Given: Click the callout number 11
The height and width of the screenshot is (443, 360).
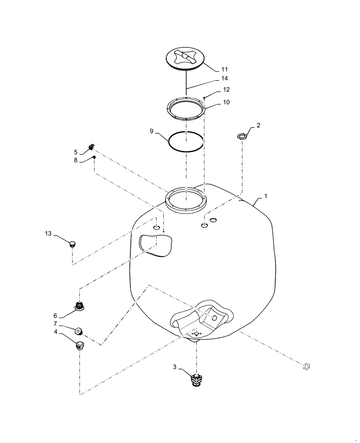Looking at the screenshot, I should (x=224, y=70).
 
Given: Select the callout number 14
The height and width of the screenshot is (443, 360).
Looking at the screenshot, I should (x=224, y=79).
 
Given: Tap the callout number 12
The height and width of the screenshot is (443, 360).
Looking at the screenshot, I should (x=226, y=89).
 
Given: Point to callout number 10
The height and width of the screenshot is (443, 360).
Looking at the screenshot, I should (x=226, y=102).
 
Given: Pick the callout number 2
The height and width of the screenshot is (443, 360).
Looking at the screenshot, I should (x=258, y=125).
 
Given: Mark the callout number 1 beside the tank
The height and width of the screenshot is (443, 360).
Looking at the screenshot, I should (x=266, y=195).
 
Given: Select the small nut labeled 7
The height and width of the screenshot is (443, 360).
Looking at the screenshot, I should (x=77, y=330).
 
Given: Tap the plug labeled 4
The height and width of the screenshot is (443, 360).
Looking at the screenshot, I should (x=80, y=346).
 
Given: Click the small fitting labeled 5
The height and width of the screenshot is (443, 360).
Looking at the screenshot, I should (x=92, y=146).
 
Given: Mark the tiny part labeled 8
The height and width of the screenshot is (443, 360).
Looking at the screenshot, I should (x=94, y=157).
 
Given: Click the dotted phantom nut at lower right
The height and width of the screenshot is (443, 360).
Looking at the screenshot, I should (x=305, y=365).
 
